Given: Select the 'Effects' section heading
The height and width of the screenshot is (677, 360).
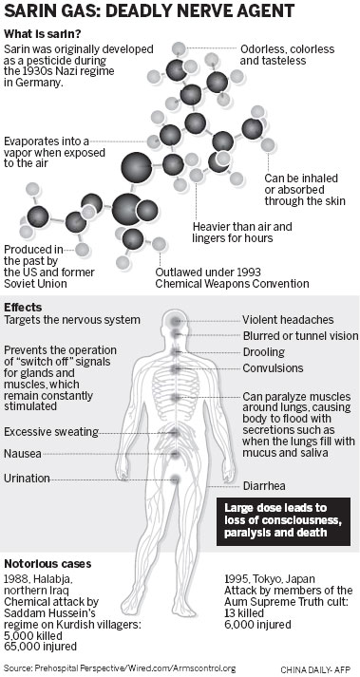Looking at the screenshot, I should (24, 307).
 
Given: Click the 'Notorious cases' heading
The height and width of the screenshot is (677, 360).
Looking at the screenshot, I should (47, 562).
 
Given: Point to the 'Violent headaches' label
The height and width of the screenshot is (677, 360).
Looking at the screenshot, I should (288, 320).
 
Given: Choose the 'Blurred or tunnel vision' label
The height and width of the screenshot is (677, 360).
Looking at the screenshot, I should (300, 335).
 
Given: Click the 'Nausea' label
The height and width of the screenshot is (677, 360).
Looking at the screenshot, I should (24, 453).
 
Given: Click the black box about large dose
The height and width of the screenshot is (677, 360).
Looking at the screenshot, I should (286, 519).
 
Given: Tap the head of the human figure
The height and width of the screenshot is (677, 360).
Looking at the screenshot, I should (175, 327).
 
